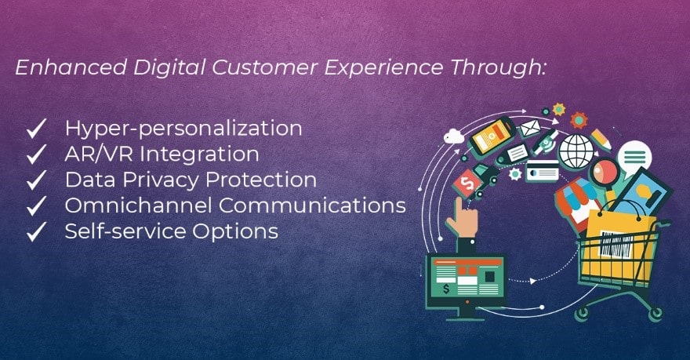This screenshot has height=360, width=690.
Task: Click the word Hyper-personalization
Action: point(183,129)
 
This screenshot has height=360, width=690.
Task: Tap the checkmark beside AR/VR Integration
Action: point(37,154)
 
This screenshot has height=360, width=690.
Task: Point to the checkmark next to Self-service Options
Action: point(37,231)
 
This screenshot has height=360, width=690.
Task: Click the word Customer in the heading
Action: point(264,67)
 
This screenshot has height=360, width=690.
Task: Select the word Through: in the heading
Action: point(498,68)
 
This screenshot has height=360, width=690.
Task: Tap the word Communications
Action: point(312,205)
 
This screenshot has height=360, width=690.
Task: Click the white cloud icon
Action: point(453,136)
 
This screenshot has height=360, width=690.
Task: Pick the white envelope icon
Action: point(529,129)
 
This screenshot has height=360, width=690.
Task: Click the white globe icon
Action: point(576,151)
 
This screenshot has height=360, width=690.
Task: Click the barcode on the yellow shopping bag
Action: point(616,244)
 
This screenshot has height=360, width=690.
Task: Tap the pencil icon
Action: point(601,140)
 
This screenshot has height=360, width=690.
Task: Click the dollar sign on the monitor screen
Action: point(446,289)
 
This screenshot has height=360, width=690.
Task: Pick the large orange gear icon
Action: point(579,120)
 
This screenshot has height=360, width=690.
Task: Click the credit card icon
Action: point(542,171)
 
